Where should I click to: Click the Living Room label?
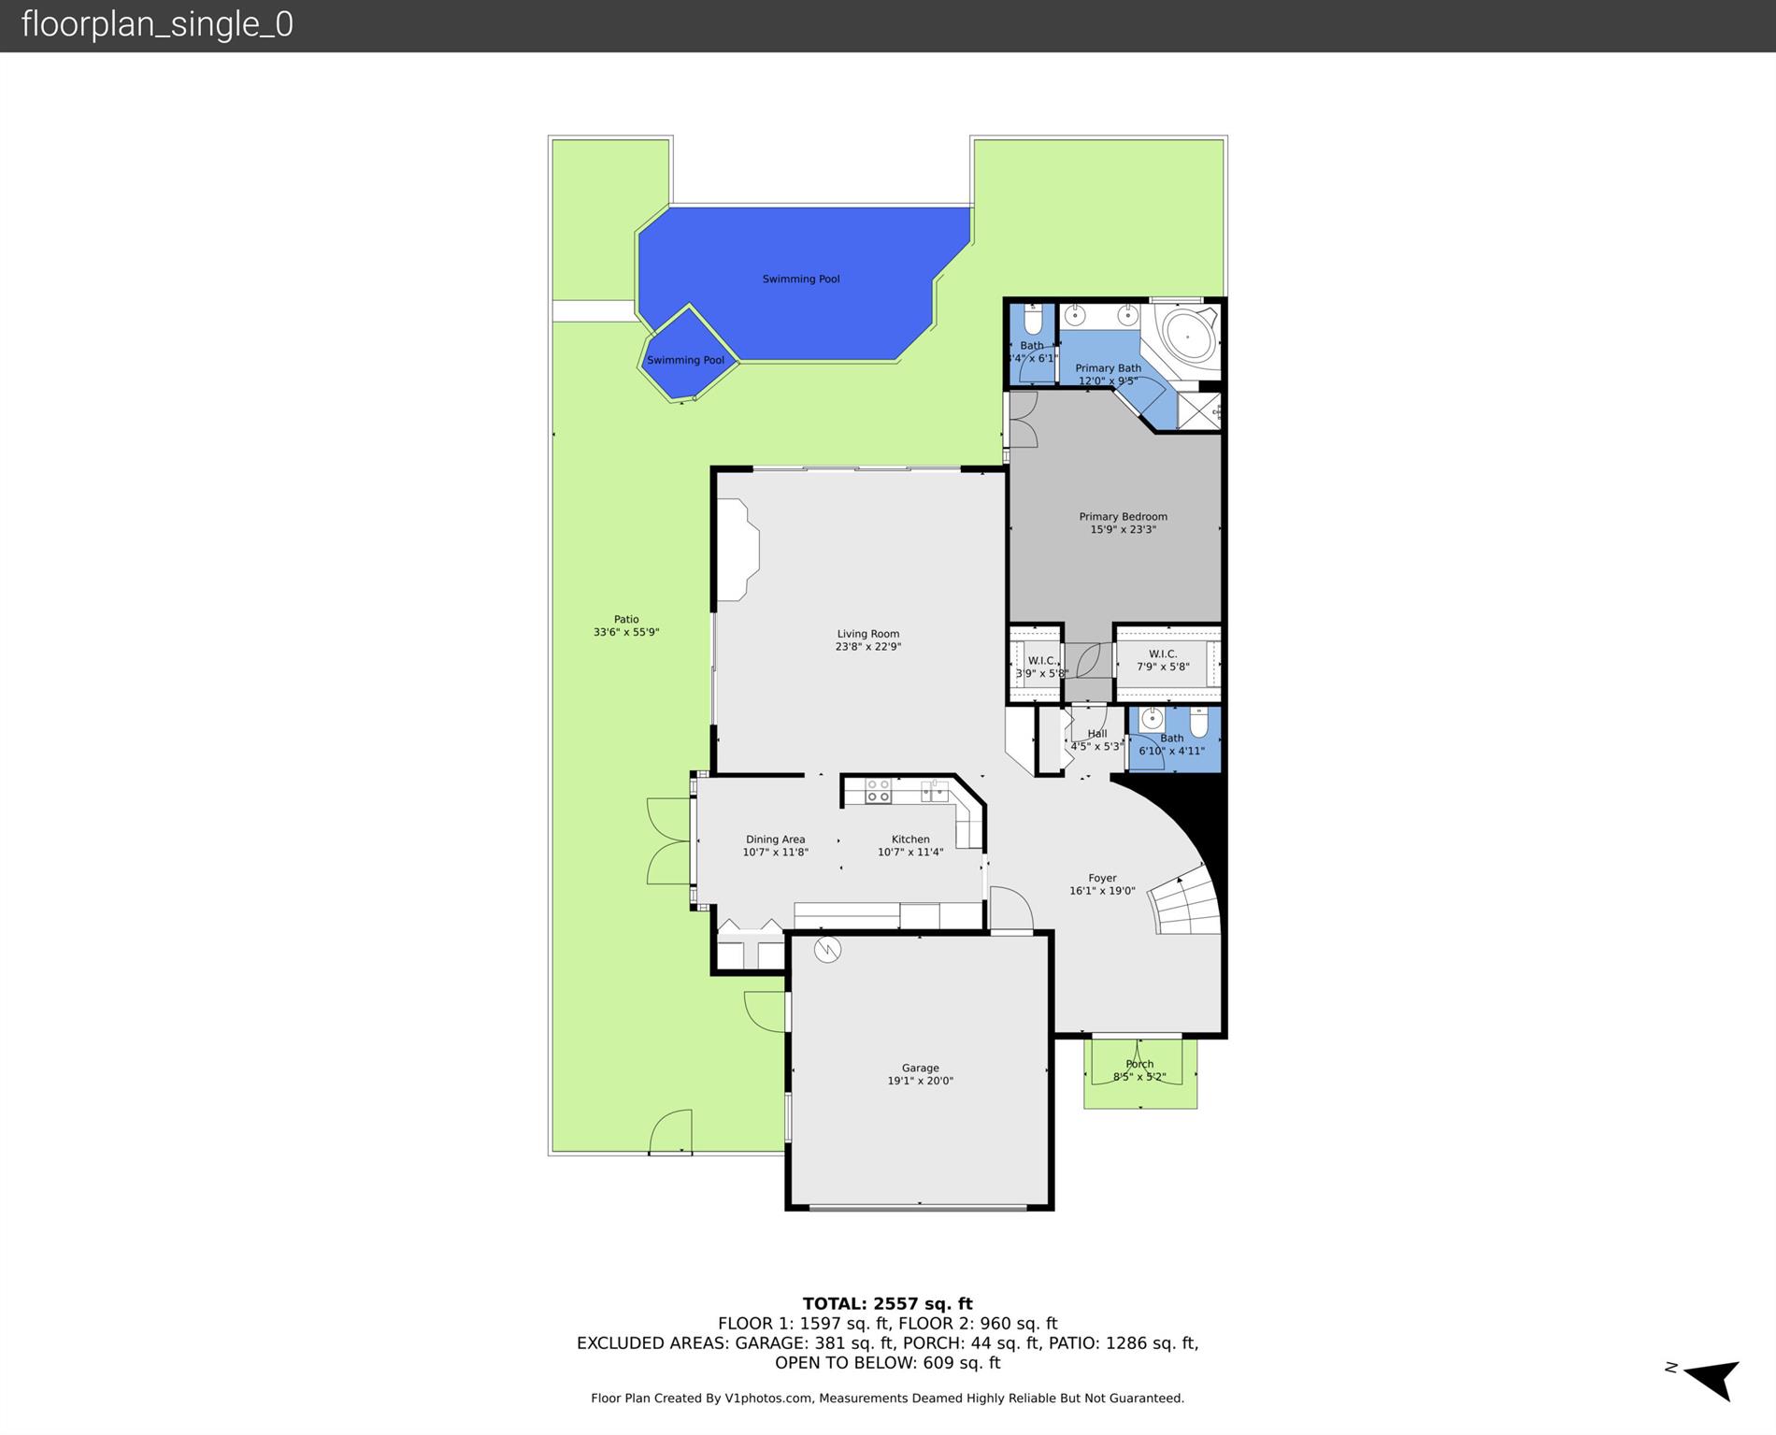point(867,634)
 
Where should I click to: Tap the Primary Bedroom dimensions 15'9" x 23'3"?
point(1123,530)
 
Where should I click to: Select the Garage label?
point(920,1068)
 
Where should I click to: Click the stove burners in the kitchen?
point(878,792)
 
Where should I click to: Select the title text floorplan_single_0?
point(157,24)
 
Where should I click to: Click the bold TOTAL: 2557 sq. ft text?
point(887,1303)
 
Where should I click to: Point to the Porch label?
point(1139,1064)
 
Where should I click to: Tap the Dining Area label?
point(775,839)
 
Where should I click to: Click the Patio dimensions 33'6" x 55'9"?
point(626,633)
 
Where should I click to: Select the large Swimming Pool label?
point(801,279)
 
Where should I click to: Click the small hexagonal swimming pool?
point(687,353)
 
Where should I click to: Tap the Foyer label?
point(1102,878)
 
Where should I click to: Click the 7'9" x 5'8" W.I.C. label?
point(1163,661)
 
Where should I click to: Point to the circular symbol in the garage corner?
point(827,950)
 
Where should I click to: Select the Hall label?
point(1097,734)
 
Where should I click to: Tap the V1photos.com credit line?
point(887,1399)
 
